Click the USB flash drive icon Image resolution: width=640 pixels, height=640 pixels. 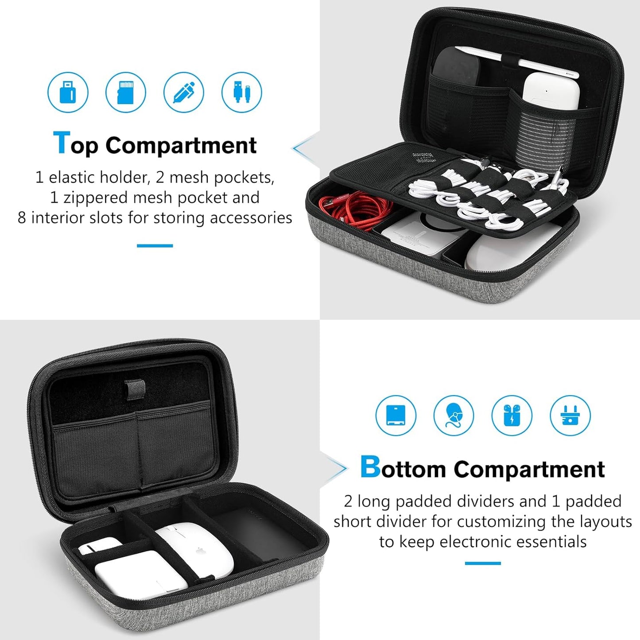(68, 92)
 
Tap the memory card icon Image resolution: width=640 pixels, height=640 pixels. (126, 92)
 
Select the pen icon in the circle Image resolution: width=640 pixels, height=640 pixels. (184, 92)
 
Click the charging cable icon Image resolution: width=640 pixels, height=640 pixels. (242, 92)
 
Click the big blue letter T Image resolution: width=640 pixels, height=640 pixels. (61, 143)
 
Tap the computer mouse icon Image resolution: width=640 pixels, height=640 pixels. (454, 415)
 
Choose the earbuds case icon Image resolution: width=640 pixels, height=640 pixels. (512, 415)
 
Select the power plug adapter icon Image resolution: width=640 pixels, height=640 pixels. (570, 415)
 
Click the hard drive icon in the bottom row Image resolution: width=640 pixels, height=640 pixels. (396, 415)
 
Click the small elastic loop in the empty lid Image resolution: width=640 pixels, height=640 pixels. (135, 389)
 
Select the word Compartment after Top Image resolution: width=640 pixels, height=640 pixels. (181, 145)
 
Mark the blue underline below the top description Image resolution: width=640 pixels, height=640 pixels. (155, 246)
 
